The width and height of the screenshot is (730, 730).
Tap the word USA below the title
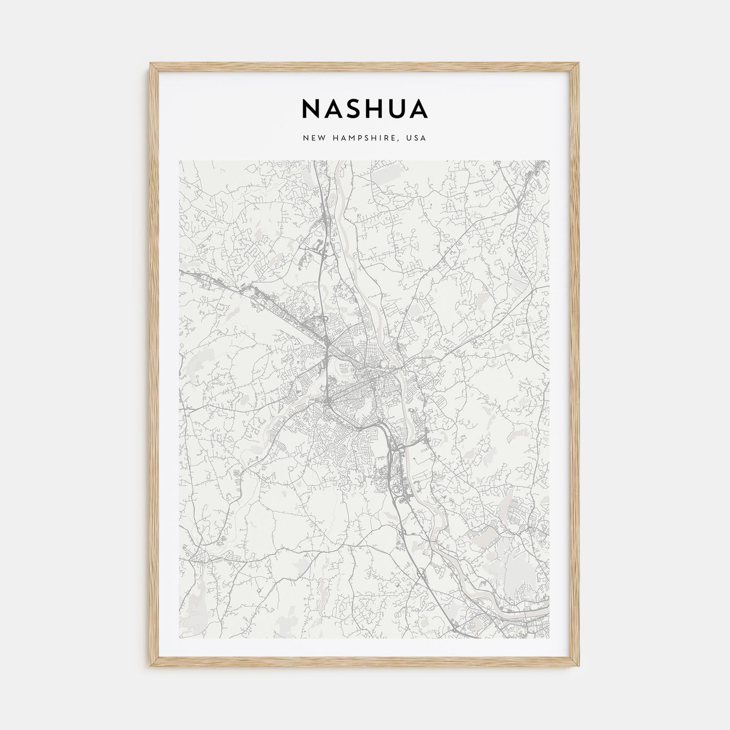417,139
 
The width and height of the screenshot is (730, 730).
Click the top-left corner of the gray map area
179,161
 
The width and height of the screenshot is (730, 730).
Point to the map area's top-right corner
549,161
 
